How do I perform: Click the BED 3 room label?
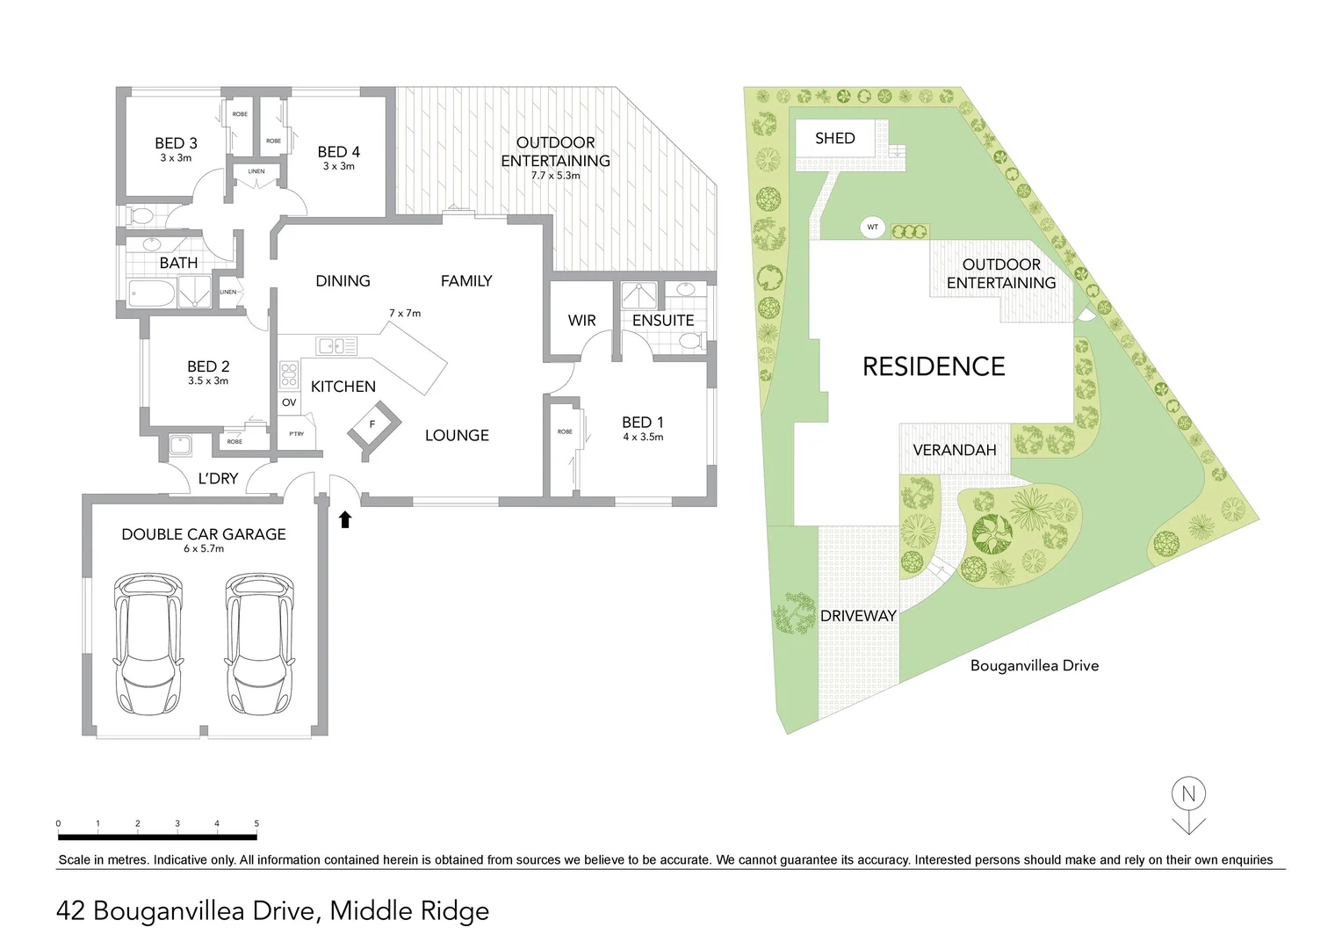click(x=176, y=143)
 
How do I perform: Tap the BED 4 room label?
click(x=338, y=152)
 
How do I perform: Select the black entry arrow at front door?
click(x=345, y=519)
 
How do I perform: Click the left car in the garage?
click(x=148, y=643)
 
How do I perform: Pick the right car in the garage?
click(x=258, y=643)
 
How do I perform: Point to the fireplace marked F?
click(x=372, y=425)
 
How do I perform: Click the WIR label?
click(x=581, y=321)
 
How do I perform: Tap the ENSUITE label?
click(x=663, y=321)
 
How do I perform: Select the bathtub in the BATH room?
click(x=151, y=293)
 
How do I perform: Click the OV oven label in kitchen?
click(x=289, y=402)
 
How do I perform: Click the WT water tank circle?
click(x=873, y=228)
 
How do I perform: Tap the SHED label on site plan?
click(x=834, y=138)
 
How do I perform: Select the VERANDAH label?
click(x=954, y=450)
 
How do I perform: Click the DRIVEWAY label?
click(x=857, y=616)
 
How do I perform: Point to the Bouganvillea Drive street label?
click(x=1034, y=666)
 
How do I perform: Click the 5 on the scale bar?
click(x=256, y=824)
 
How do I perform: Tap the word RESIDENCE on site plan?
click(x=934, y=366)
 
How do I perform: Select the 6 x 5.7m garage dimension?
click(x=204, y=548)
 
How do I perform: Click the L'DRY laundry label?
click(x=218, y=479)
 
